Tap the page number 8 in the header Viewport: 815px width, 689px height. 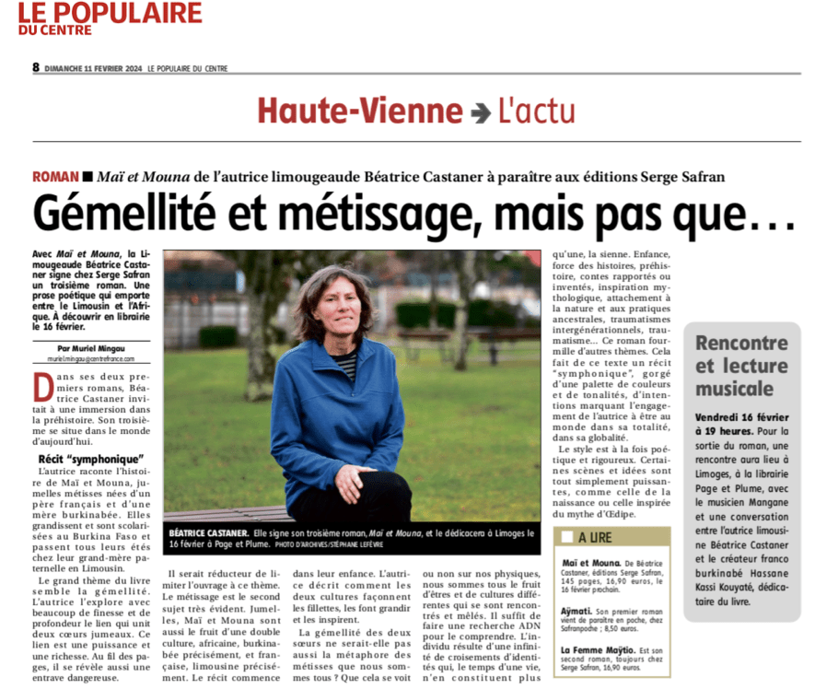[x=36, y=67]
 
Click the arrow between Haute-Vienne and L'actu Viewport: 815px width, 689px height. [x=480, y=112]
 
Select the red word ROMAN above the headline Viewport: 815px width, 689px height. [x=54, y=176]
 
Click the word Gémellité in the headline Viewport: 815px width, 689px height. [x=126, y=214]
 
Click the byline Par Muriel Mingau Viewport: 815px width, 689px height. [x=90, y=349]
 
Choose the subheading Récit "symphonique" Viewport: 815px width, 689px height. [x=87, y=459]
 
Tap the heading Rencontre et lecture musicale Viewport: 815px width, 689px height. [x=742, y=365]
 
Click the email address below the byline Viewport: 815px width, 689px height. [x=90, y=359]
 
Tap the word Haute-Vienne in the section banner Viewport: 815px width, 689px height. [x=360, y=111]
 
